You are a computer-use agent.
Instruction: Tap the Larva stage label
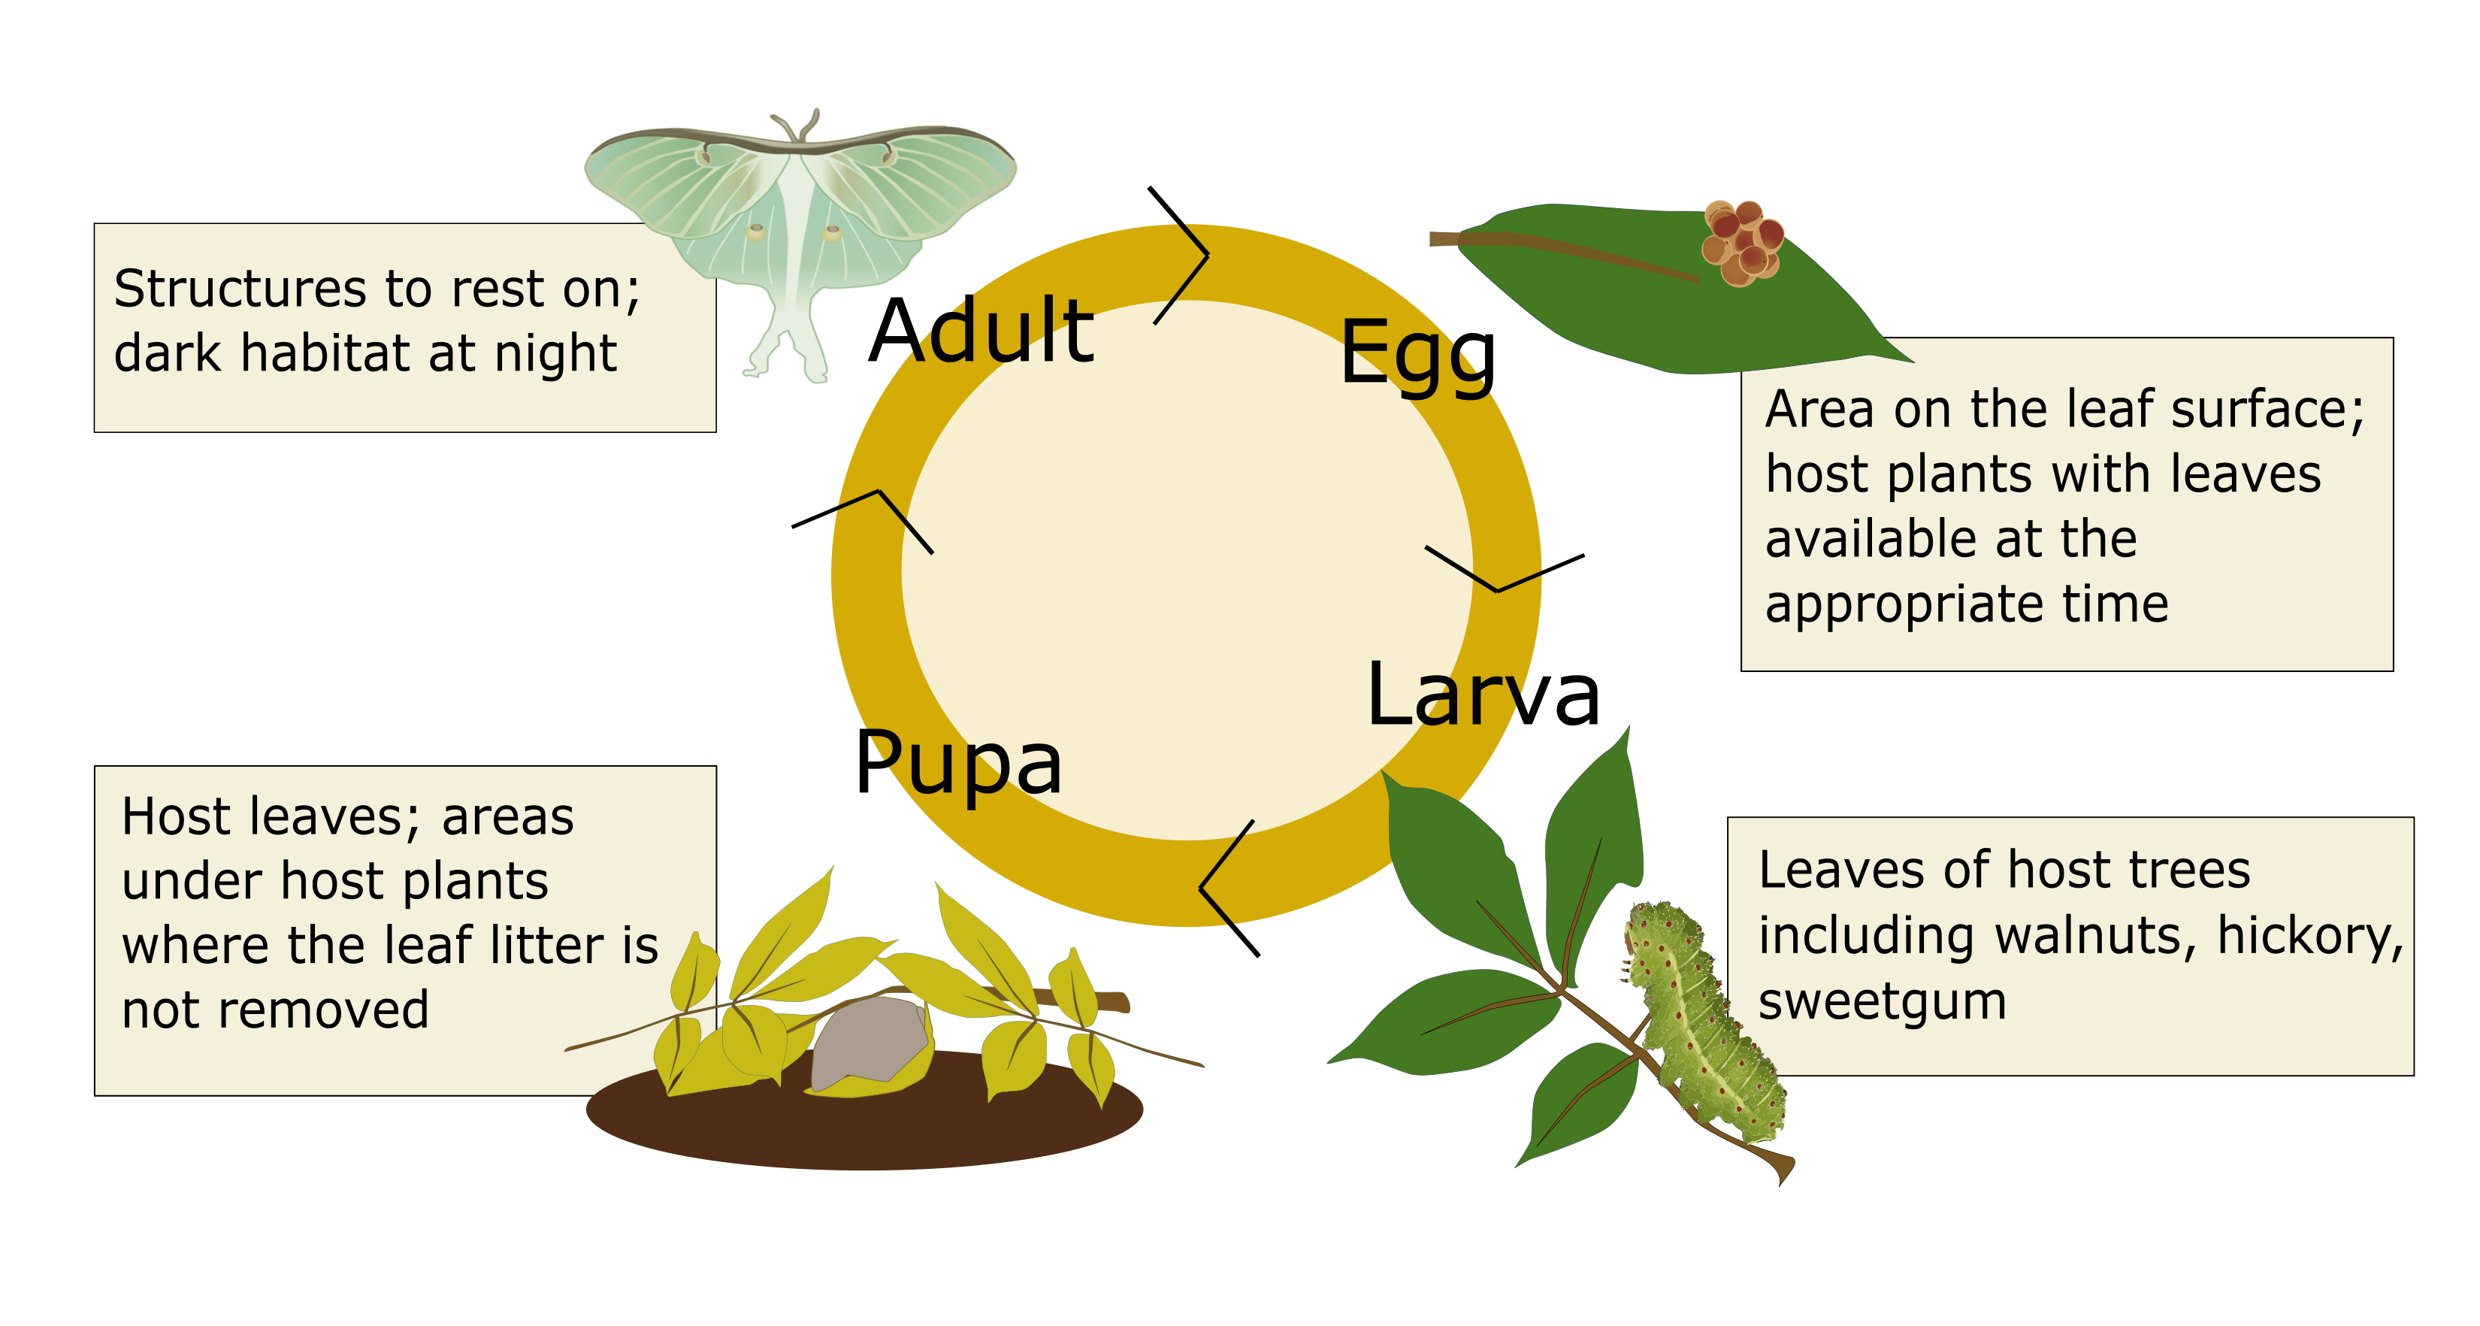coord(1483,695)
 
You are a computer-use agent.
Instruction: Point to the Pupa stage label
coord(958,763)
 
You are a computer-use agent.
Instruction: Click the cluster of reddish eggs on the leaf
coord(1741,244)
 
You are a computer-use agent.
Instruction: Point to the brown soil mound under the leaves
coord(866,1127)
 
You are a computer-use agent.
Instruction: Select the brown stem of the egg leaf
coord(1559,254)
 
